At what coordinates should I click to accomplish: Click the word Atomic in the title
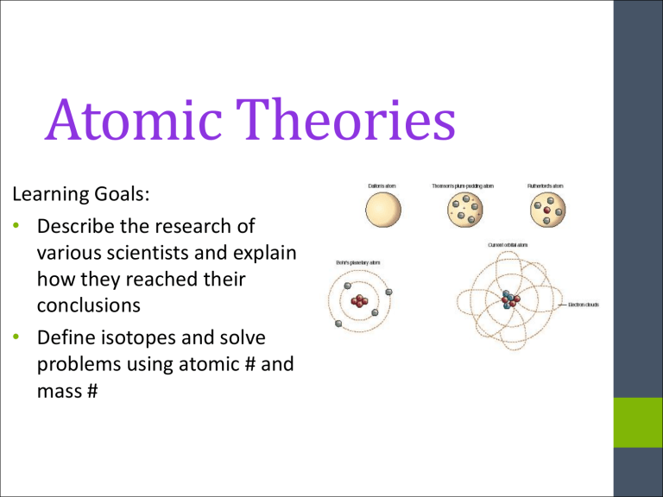[129, 125]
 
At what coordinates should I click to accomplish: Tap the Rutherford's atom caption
[547, 183]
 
